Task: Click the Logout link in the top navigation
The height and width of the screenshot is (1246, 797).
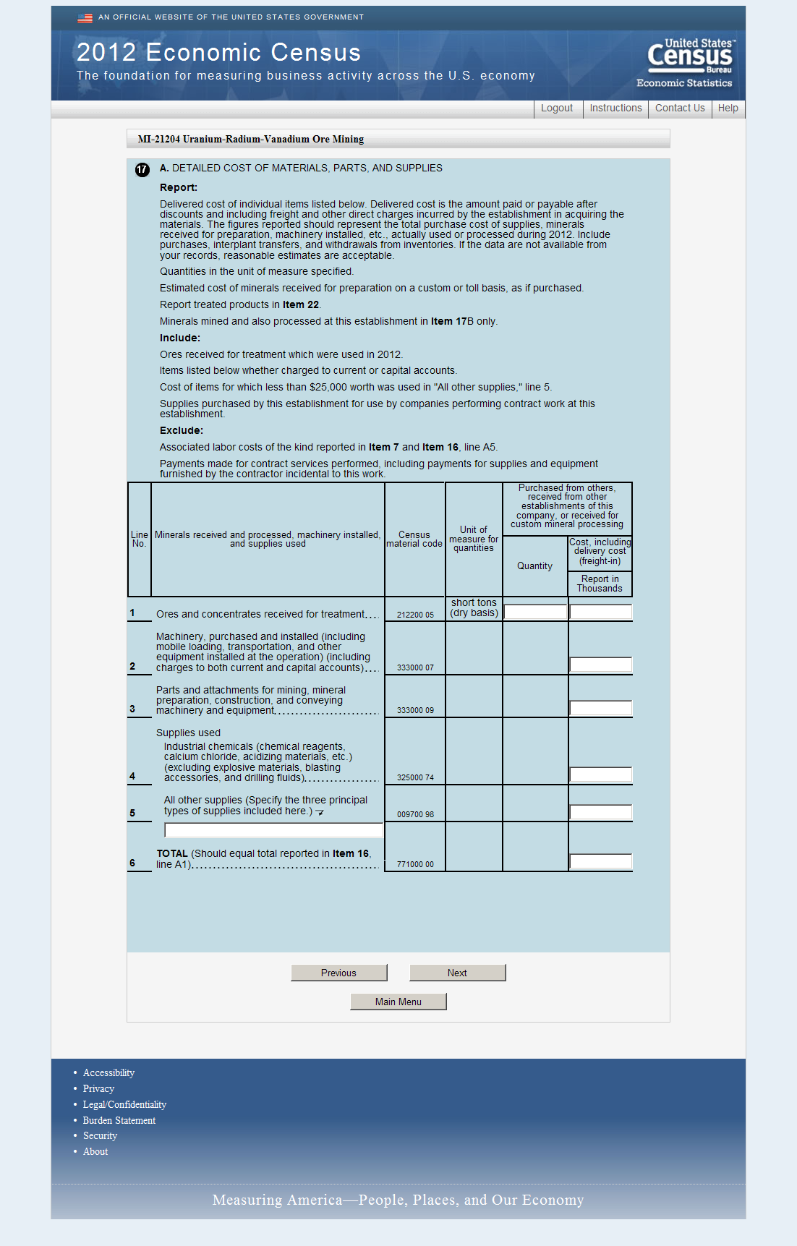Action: click(x=556, y=108)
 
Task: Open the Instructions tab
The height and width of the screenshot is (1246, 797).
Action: click(x=615, y=108)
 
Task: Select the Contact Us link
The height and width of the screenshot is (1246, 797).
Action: click(x=680, y=108)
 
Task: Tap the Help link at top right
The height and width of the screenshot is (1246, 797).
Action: click(x=728, y=108)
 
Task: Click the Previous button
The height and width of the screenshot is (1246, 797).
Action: click(x=338, y=973)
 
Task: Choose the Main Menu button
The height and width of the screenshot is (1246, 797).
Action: click(x=398, y=1002)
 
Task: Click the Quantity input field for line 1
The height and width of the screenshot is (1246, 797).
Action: click(x=535, y=613)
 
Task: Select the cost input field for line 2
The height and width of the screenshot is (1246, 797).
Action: click(x=600, y=665)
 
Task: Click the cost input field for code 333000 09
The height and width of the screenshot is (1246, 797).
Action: click(x=600, y=708)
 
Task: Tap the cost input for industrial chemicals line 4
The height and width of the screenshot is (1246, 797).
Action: click(x=600, y=775)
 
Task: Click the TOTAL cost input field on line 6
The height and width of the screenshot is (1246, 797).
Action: click(x=600, y=861)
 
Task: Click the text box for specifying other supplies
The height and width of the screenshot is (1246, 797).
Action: click(x=273, y=830)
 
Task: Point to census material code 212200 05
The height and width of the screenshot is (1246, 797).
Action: click(x=415, y=615)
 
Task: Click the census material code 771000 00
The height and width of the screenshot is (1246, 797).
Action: click(x=415, y=865)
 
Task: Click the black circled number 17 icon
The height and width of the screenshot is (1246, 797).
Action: click(x=142, y=170)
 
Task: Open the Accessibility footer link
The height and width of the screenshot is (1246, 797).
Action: click(x=108, y=1073)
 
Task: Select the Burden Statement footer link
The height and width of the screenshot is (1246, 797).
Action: click(x=119, y=1121)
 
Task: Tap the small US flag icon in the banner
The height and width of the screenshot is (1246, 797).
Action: click(x=85, y=18)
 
